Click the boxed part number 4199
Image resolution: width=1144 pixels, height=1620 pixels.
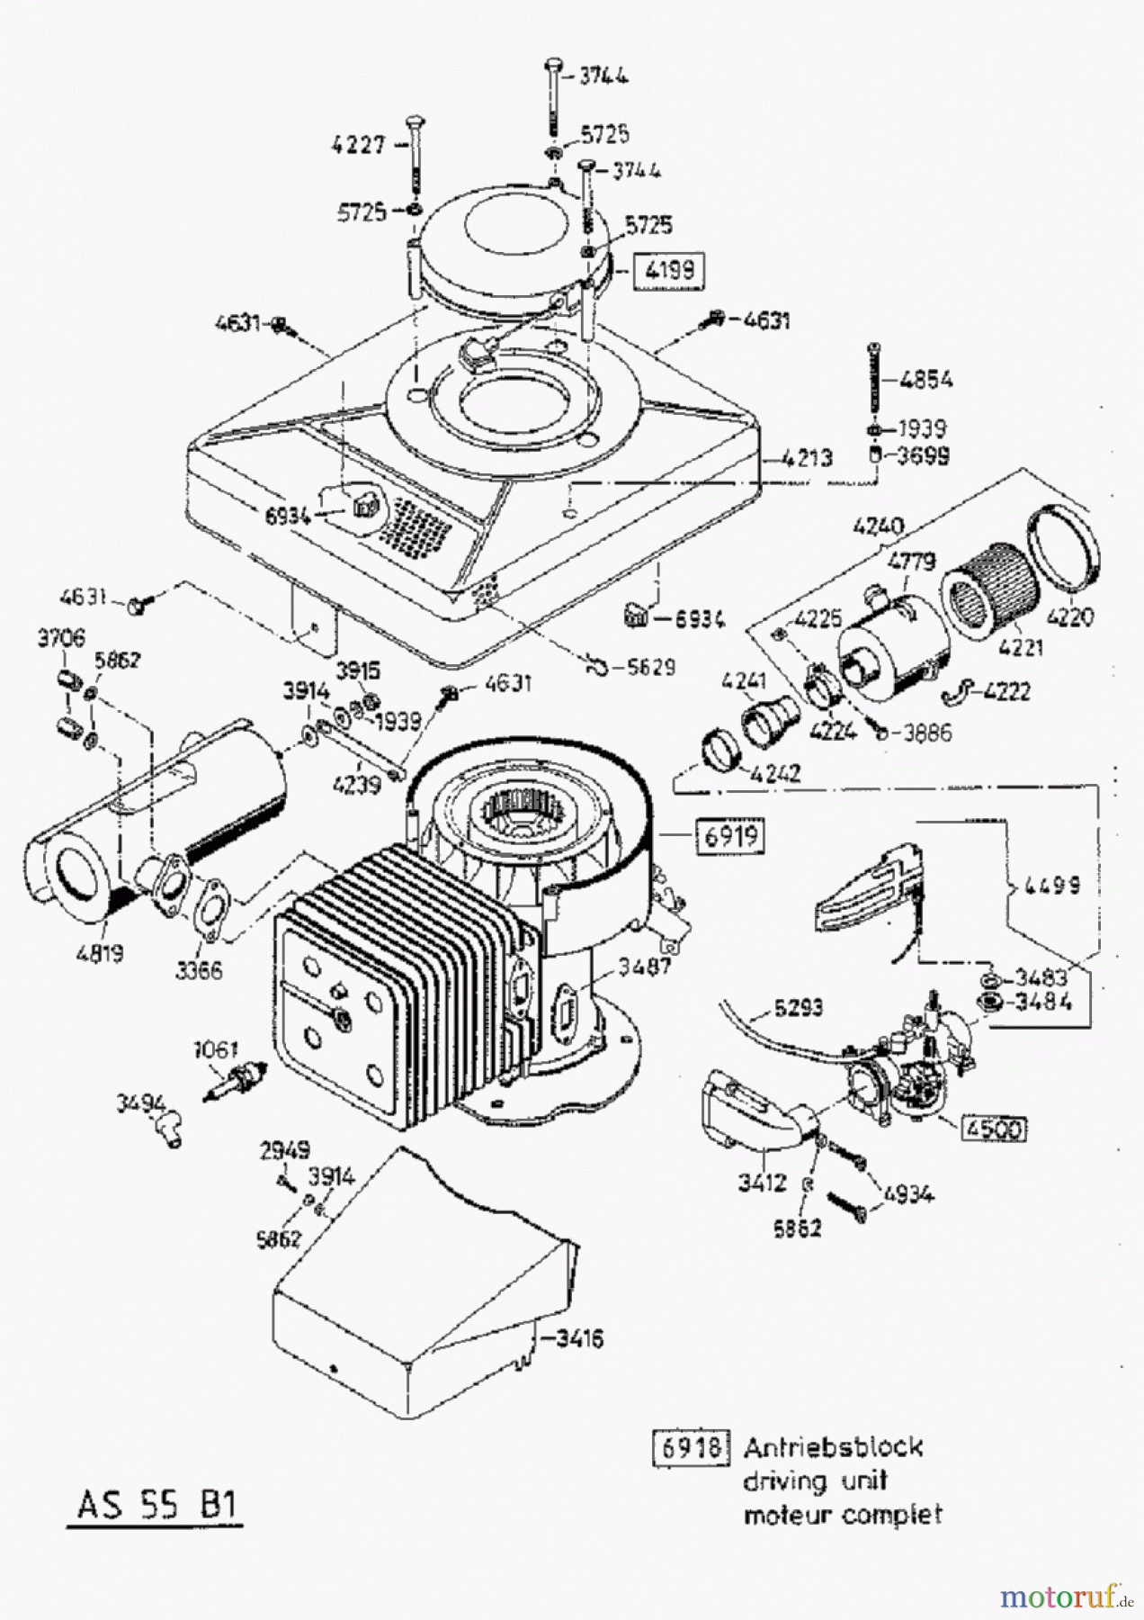click(x=669, y=270)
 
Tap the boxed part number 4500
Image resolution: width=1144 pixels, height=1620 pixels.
click(x=994, y=1128)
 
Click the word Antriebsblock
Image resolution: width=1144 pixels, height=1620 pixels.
click(x=833, y=1447)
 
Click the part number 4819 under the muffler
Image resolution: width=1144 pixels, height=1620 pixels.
click(x=100, y=951)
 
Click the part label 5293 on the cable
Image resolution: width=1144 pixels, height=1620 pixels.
click(x=798, y=1008)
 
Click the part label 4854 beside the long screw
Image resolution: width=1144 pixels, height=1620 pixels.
click(x=925, y=380)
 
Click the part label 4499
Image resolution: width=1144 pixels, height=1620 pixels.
click(x=1050, y=886)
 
